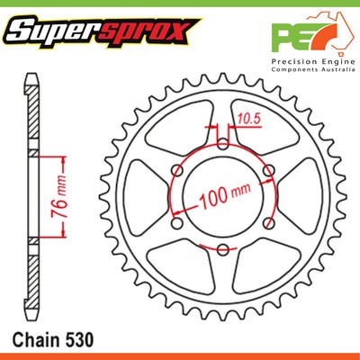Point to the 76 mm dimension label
[51, 193]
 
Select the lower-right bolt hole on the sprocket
[268, 222]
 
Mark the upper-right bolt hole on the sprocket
[268, 171]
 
